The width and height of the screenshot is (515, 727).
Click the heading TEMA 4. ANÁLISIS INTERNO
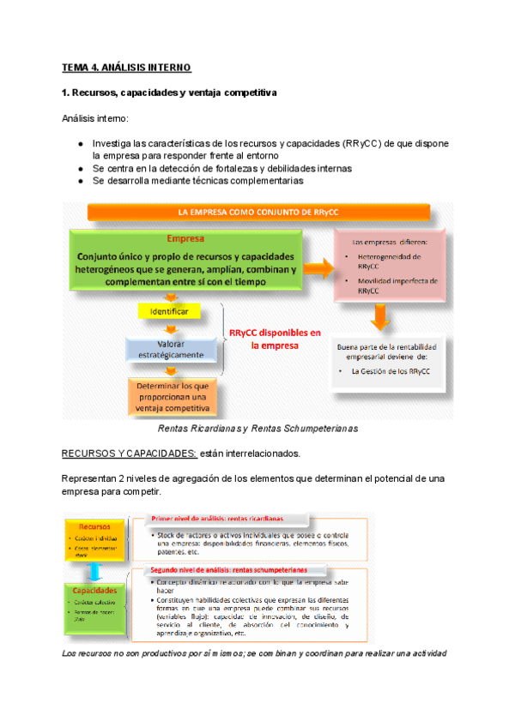pyautogui.click(x=127, y=67)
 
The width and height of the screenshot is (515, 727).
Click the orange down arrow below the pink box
pyautogui.click(x=379, y=319)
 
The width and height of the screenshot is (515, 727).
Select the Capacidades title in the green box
pyautogui.click(x=95, y=592)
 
